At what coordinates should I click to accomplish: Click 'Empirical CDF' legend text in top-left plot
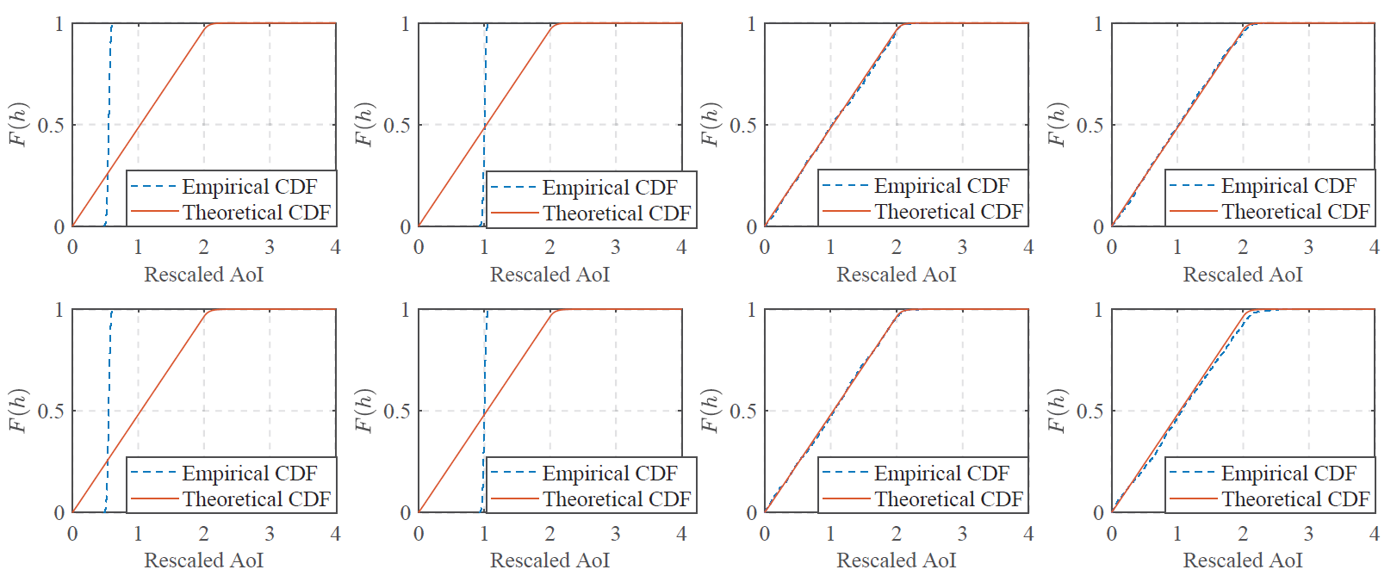249,187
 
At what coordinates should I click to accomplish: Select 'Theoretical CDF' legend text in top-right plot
1295,212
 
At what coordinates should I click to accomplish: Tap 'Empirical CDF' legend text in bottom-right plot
1288,474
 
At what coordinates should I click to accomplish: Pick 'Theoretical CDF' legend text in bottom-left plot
256,499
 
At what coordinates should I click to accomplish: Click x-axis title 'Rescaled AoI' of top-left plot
203,275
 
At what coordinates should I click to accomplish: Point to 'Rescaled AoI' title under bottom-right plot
1242,561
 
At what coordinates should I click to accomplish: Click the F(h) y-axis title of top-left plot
19,125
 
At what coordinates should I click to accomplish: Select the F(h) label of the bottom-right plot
1057,411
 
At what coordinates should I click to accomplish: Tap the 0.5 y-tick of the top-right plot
1089,126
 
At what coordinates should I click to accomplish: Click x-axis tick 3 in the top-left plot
270,248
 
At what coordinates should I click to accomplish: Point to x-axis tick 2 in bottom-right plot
1242,534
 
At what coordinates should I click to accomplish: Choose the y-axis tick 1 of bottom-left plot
59,310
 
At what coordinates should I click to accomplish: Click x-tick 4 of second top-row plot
681,248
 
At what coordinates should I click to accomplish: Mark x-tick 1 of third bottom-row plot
830,534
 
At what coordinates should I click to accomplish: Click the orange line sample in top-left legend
154,213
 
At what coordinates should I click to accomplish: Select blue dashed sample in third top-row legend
845,186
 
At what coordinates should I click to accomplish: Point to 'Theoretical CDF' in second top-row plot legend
616,214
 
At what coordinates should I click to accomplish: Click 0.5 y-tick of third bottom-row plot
742,412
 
